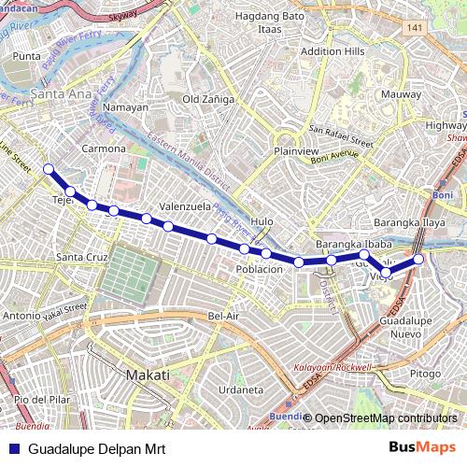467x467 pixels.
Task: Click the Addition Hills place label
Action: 333,50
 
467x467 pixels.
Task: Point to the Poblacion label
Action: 259,269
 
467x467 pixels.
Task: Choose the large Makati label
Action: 148,375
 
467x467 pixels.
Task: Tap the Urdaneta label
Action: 239,389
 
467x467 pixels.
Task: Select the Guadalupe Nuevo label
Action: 404,327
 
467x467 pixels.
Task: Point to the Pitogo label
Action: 425,374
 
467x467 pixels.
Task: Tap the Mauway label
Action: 402,94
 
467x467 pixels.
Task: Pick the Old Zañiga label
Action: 208,99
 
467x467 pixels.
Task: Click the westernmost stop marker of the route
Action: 49,169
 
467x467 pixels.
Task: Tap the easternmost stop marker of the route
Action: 419,259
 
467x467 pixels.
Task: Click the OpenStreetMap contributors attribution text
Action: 386,418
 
